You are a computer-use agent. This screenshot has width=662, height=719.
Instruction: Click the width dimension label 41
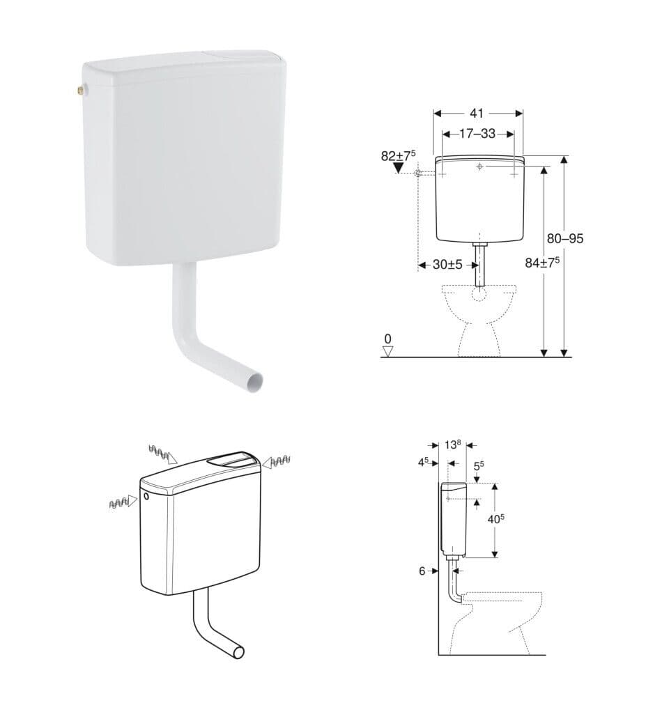[x=477, y=114]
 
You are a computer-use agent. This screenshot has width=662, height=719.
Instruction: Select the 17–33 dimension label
[x=477, y=134]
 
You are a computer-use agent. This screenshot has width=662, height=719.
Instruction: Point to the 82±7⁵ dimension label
[x=398, y=155]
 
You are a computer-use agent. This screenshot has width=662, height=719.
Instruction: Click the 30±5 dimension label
[x=448, y=265]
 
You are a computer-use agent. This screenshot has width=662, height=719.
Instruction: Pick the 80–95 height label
[x=565, y=238]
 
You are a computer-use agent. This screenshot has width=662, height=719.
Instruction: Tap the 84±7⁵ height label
[x=542, y=263]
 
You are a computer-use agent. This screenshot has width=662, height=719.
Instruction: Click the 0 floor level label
[x=388, y=339]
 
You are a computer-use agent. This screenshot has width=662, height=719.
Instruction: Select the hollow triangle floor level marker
[x=388, y=351]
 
